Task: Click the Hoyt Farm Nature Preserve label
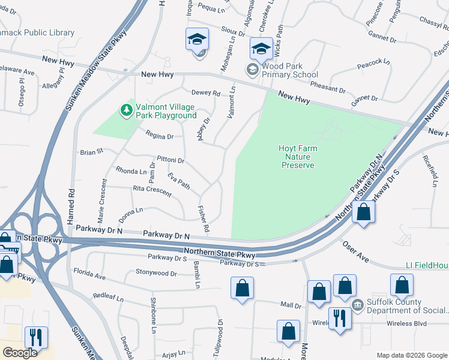tap(298, 157)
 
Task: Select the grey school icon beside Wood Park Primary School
tap(253, 70)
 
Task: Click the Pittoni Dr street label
tap(170, 161)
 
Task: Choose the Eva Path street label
tap(179, 182)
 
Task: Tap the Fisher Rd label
tap(204, 220)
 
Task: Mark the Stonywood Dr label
tap(156, 274)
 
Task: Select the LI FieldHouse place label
tap(426, 265)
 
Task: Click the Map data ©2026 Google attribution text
tap(412, 355)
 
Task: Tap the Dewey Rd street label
tap(206, 93)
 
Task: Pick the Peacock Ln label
tap(373, 62)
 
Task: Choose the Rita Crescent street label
tap(152, 191)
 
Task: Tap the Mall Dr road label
tap(291, 305)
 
